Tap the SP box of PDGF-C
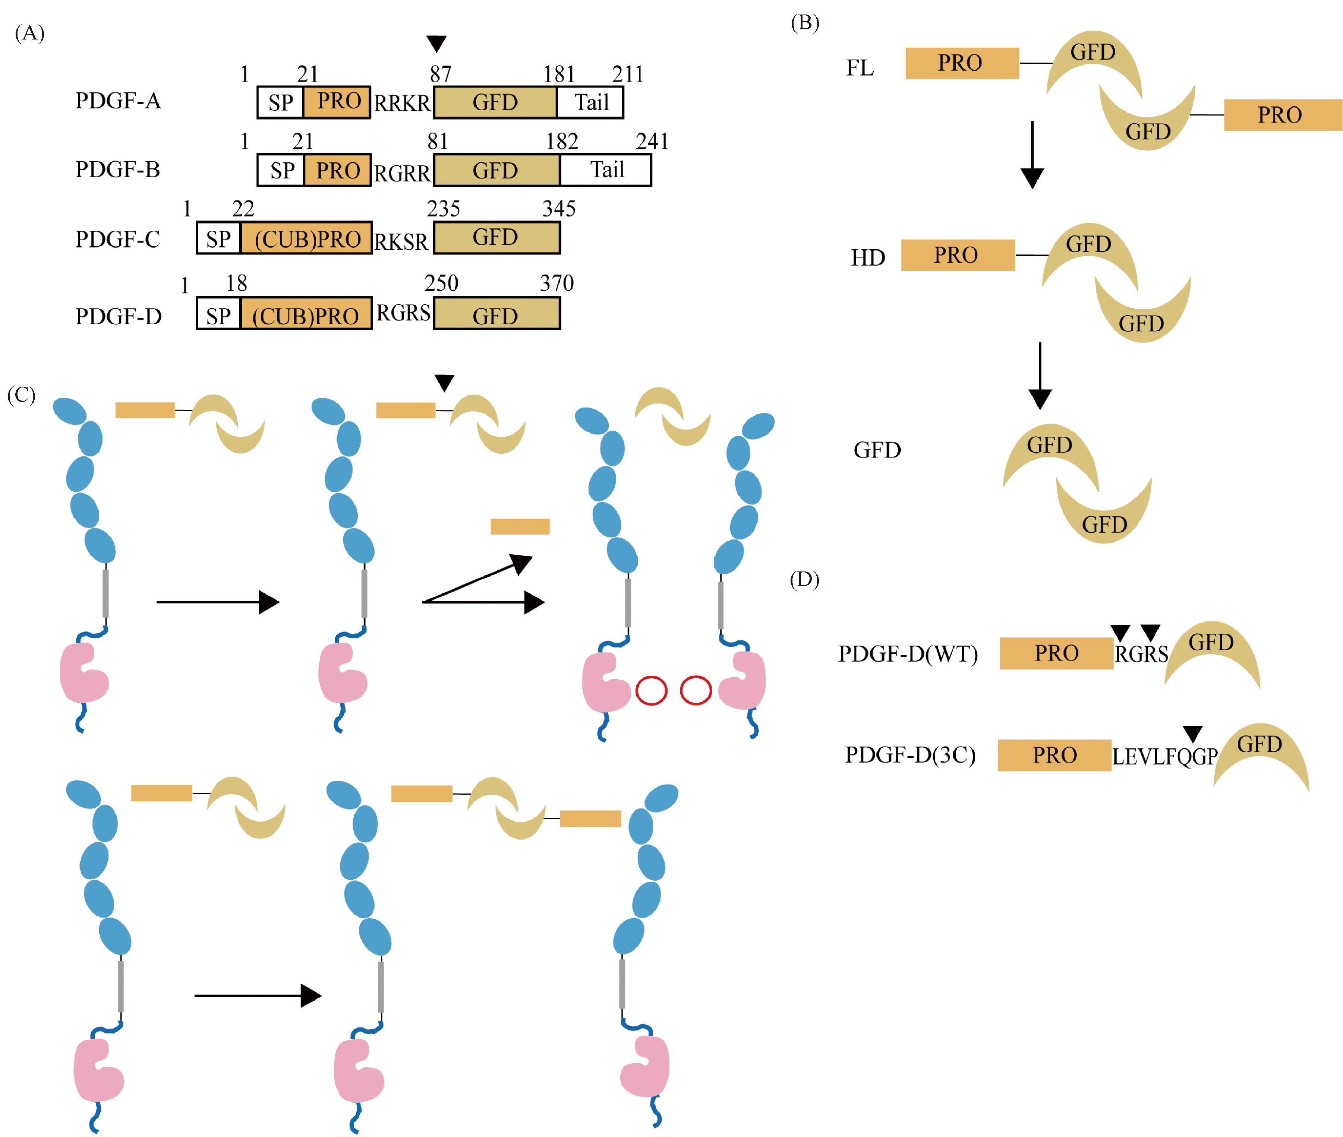pos(218,238)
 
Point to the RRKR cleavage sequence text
pos(402,103)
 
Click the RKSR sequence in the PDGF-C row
pos(401,242)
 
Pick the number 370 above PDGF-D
pos(557,283)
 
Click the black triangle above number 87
pos(436,43)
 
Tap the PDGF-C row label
pos(117,239)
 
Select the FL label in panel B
pos(860,67)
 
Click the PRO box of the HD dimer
pos(958,255)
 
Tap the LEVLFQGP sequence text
pos(1164,756)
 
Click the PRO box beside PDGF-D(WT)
pos(1056,653)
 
